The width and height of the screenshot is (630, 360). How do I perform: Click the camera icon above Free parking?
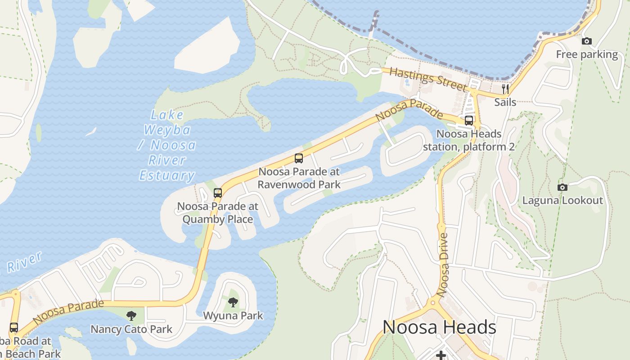(586, 41)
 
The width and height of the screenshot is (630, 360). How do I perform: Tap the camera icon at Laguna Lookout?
(562, 187)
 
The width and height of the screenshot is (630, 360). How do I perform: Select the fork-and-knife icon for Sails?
(505, 89)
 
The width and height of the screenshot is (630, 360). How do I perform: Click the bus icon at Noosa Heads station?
(469, 121)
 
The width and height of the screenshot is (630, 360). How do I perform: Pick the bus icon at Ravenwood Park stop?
(298, 158)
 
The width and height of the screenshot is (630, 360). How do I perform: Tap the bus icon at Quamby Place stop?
(218, 193)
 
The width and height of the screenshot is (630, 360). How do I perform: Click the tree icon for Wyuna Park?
(233, 302)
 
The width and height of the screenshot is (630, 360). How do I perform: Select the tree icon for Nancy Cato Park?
(131, 315)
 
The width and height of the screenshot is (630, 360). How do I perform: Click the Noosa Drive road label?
(443, 265)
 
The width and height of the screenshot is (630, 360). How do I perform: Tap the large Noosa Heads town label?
(439, 327)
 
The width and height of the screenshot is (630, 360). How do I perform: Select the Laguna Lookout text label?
(562, 201)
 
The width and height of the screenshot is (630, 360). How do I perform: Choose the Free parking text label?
(587, 54)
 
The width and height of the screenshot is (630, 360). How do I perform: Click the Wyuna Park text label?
(233, 315)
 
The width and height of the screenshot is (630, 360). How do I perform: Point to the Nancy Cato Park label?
(131, 329)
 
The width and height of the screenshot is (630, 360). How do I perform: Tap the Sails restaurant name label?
(505, 102)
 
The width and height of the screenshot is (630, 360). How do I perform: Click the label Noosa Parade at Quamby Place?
(217, 213)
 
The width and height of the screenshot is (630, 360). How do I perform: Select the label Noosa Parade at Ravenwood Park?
(299, 178)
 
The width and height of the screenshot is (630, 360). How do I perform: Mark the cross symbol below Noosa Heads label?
(441, 355)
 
